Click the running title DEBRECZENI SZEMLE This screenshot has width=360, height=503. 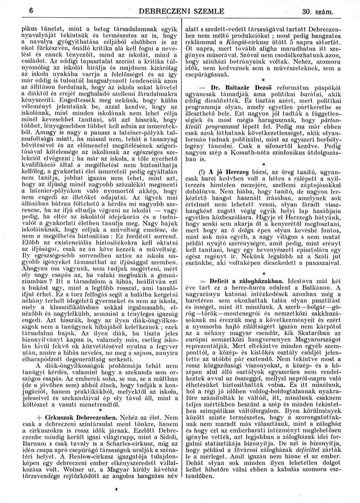click(180, 11)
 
